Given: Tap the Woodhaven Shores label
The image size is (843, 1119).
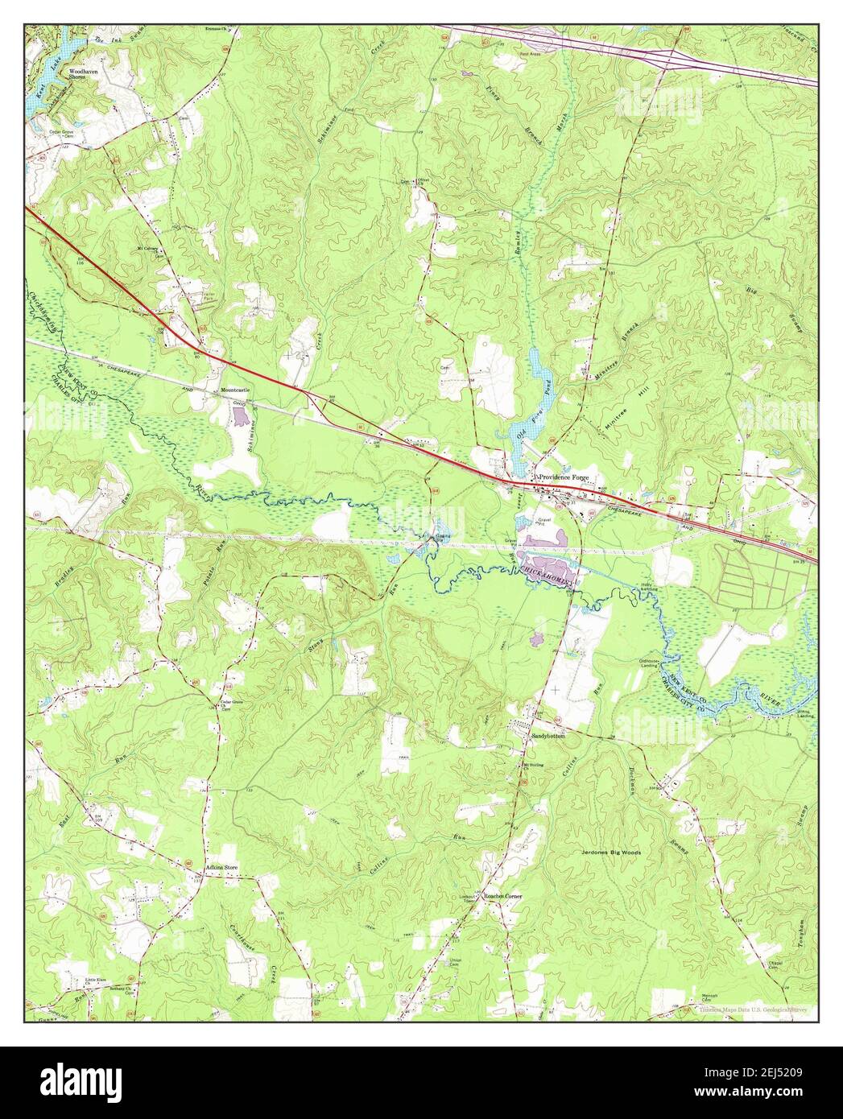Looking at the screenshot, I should (83, 73).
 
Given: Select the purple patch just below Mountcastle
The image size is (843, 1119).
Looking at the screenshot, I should (240, 416).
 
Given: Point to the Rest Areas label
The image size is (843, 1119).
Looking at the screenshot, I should (530, 54).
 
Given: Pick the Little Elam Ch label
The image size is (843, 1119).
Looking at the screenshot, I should (97, 980).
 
